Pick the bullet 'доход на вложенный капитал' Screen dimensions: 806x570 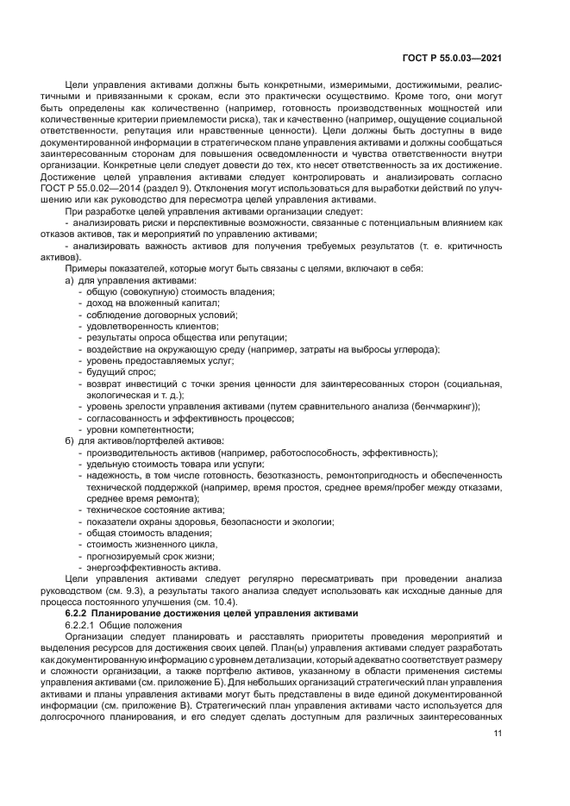click(x=152, y=303)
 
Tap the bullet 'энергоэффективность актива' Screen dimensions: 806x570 click(x=153, y=567)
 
